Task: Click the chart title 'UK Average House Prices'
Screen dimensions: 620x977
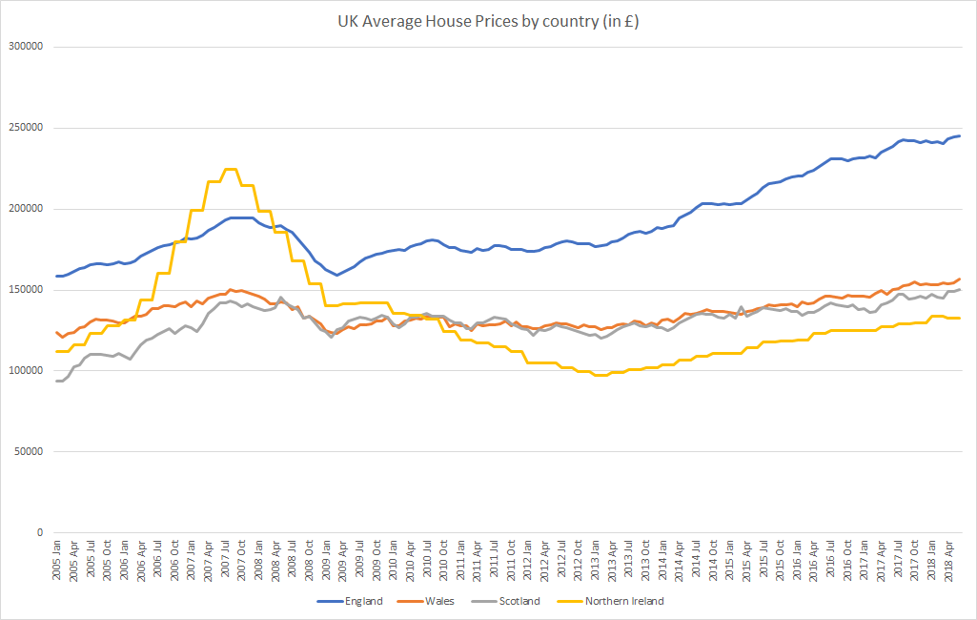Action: click(488, 21)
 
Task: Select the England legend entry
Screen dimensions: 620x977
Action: click(363, 601)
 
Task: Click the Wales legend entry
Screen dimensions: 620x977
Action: click(439, 601)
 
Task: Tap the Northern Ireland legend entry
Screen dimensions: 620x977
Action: click(623, 601)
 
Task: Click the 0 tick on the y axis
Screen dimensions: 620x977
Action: click(41, 532)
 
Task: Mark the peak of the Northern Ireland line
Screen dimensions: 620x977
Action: click(230, 169)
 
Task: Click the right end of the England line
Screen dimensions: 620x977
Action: click(959, 135)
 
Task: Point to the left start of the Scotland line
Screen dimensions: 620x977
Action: click(57, 381)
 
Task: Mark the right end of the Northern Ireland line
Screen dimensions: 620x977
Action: click(959, 318)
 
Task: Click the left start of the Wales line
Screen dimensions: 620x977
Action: click(57, 333)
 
